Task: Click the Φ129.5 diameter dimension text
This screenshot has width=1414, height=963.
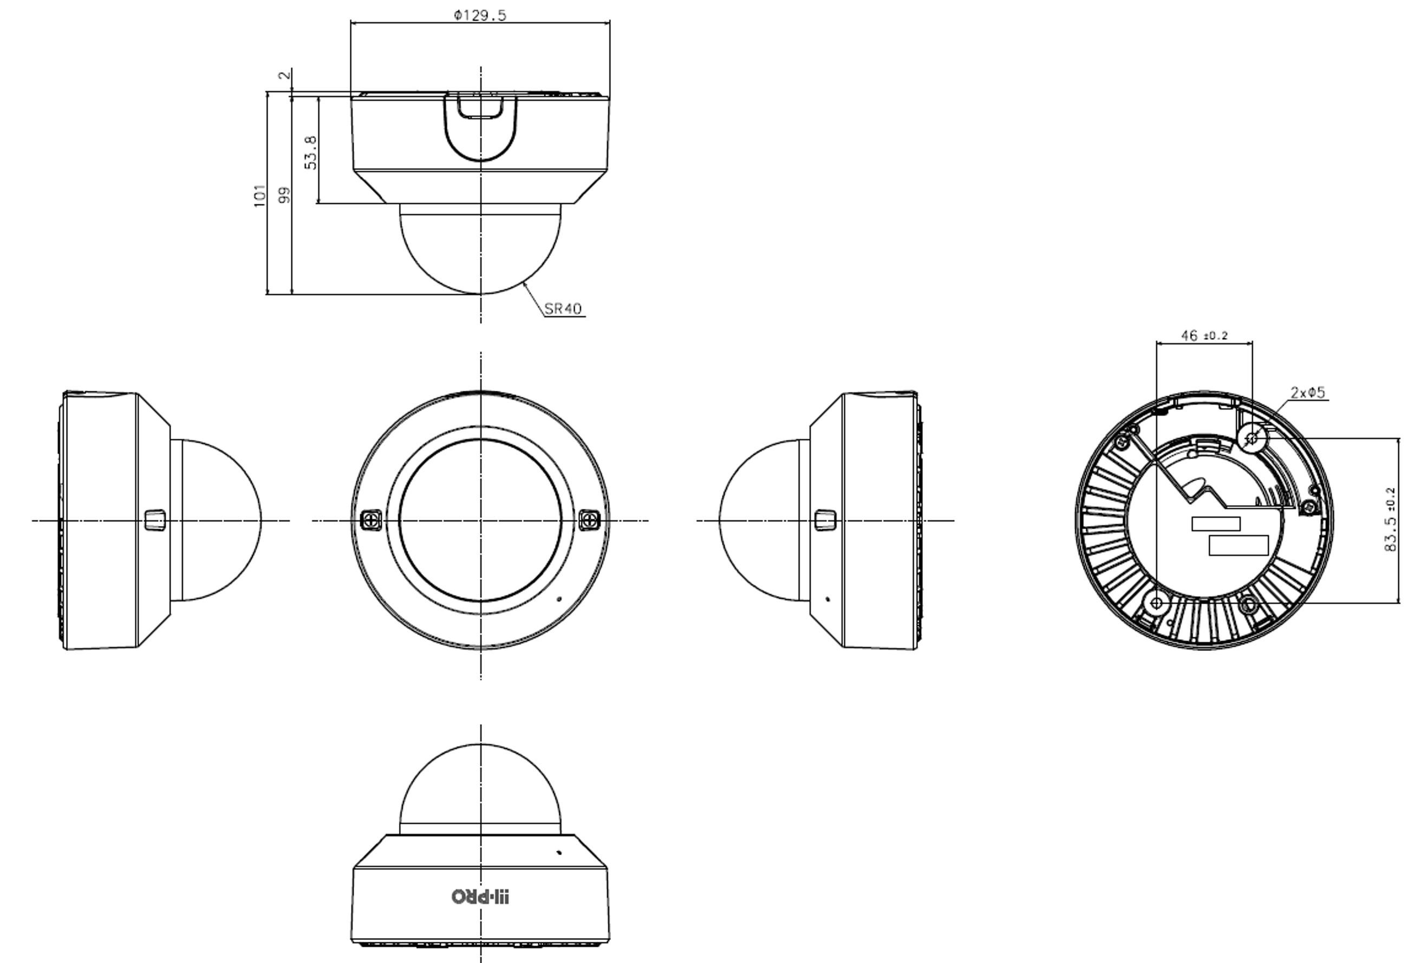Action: [x=480, y=15]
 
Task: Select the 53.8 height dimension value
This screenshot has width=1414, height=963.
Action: [x=311, y=152]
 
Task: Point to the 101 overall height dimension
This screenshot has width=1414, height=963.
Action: [x=260, y=196]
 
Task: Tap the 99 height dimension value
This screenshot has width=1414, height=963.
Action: [x=284, y=195]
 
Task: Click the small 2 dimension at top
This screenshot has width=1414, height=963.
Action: [x=284, y=75]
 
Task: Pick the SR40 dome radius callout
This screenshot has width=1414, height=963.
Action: [x=563, y=308]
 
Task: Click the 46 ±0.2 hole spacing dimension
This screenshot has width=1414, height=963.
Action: [x=1204, y=335]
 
